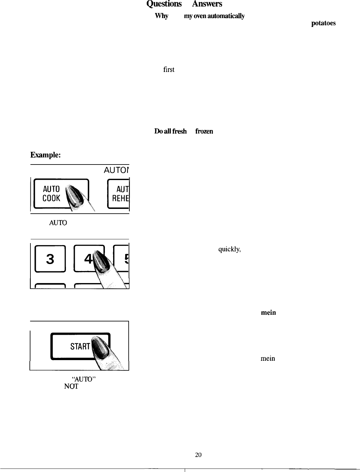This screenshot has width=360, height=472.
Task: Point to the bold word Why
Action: (x=161, y=16)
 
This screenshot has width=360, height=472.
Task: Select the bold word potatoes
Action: (x=324, y=23)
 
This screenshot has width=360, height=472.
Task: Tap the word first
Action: (x=169, y=69)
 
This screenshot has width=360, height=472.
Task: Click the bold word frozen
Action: (x=204, y=131)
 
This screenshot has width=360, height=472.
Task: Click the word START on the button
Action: (x=80, y=346)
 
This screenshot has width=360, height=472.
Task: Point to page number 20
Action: (x=198, y=455)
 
